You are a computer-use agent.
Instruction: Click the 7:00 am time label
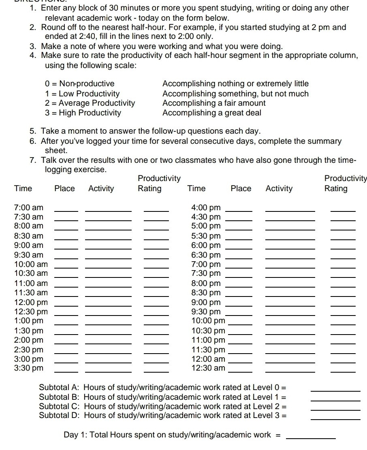28,208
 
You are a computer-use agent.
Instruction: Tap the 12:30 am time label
208,368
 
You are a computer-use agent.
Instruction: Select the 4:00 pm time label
206,208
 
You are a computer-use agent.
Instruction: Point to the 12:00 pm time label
31,302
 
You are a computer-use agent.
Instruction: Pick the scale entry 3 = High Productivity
83,113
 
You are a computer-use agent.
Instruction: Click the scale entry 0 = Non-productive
80,84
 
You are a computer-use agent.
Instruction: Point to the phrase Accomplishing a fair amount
214,103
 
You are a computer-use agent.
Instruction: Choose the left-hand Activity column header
101,188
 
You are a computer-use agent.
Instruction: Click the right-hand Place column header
241,188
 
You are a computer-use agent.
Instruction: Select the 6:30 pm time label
206,255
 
